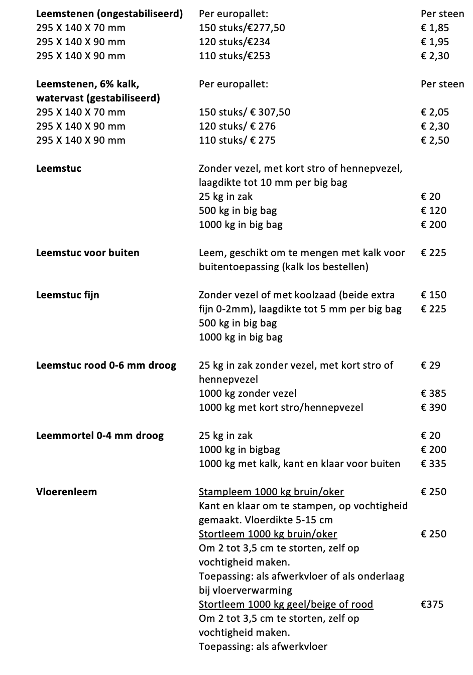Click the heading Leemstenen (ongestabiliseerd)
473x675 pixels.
point(109,14)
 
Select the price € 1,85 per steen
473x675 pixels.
point(435,28)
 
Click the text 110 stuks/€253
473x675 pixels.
point(234,56)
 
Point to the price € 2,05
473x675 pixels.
point(435,112)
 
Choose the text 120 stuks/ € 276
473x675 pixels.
point(238,126)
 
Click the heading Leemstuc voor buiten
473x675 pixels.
point(88,253)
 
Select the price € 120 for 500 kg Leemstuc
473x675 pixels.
point(433,210)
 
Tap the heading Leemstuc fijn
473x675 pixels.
point(68,295)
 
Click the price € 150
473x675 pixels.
point(433,295)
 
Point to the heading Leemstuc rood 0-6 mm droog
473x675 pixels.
point(106,365)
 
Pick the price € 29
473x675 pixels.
point(430,365)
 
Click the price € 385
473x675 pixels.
point(433,393)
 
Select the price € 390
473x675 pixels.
point(433,407)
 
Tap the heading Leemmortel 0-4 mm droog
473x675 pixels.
point(100,435)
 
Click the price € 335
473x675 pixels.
point(433,464)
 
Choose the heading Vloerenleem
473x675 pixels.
point(67,492)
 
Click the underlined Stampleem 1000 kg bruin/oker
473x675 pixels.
point(271,492)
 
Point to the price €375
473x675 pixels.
point(432,604)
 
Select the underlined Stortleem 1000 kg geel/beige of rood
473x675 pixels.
point(286,604)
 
